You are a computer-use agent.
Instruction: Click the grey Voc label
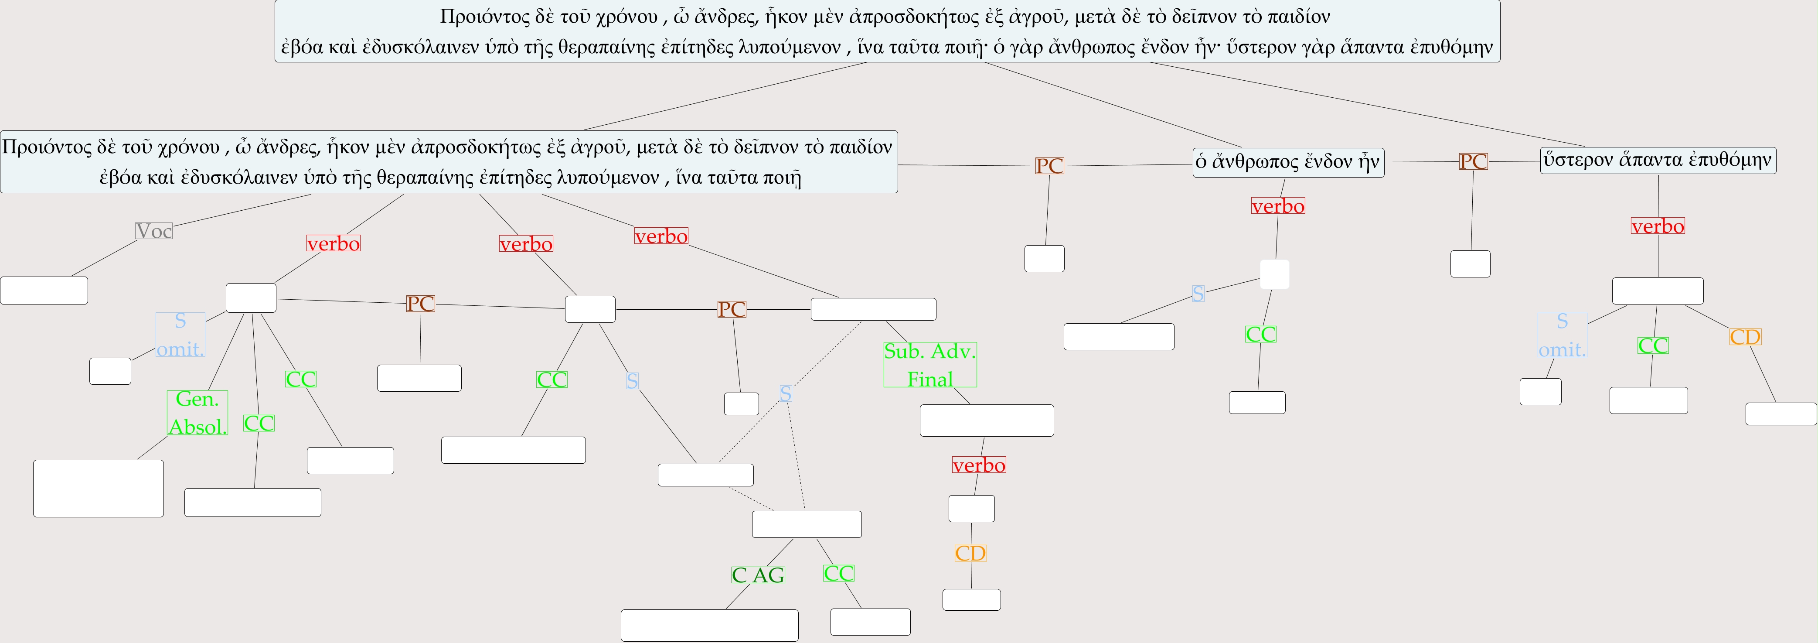point(154,231)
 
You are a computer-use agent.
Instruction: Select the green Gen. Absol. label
point(197,413)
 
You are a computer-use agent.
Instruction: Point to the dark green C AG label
point(758,575)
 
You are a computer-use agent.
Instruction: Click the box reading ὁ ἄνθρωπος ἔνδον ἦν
point(1288,162)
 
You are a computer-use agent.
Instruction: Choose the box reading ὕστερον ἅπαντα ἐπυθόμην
point(1657,160)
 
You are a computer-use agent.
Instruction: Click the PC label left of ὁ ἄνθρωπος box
point(1049,166)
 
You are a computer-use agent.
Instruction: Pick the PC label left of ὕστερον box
point(1473,162)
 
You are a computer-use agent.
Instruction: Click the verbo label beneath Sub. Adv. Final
point(978,465)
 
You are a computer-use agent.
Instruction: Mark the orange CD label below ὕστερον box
point(1745,337)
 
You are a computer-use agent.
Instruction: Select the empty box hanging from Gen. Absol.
point(98,489)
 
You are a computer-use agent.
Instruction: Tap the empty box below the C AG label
point(709,626)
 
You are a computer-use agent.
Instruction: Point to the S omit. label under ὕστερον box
point(1562,335)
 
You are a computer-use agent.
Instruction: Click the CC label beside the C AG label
point(838,573)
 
